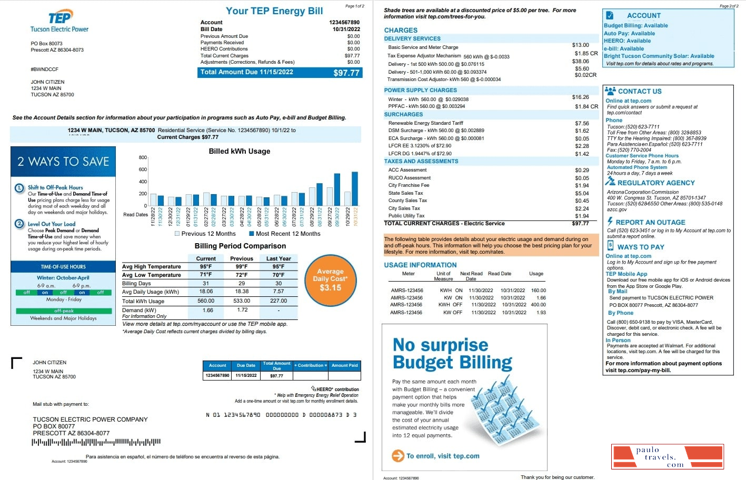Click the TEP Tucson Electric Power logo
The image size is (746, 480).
pyautogui.click(x=59, y=22)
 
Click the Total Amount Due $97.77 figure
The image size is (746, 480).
pyautogui.click(x=346, y=73)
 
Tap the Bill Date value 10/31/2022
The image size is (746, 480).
pyautogui.click(x=346, y=29)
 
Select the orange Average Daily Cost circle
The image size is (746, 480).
pyautogui.click(x=330, y=280)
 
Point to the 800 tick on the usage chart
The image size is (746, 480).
pyautogui.click(x=143, y=157)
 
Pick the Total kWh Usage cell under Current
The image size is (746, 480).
pyautogui.click(x=205, y=301)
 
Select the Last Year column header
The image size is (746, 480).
pyautogui.click(x=278, y=258)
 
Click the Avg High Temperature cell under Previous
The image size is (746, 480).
pyautogui.click(x=242, y=267)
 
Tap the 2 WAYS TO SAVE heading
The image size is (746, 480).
pyautogui.click(x=63, y=162)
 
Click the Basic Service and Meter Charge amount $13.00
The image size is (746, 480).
pyautogui.click(x=580, y=45)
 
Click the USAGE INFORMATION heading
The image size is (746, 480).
pyautogui.click(x=420, y=265)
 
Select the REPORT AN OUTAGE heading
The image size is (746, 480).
pyautogui.click(x=650, y=223)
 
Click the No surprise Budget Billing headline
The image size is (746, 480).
pyautogui.click(x=452, y=353)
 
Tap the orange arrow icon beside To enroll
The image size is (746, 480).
pyautogui.click(x=397, y=456)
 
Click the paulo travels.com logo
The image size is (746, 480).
pyautogui.click(x=667, y=456)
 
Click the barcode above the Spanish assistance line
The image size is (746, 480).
pyautogui.click(x=96, y=442)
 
